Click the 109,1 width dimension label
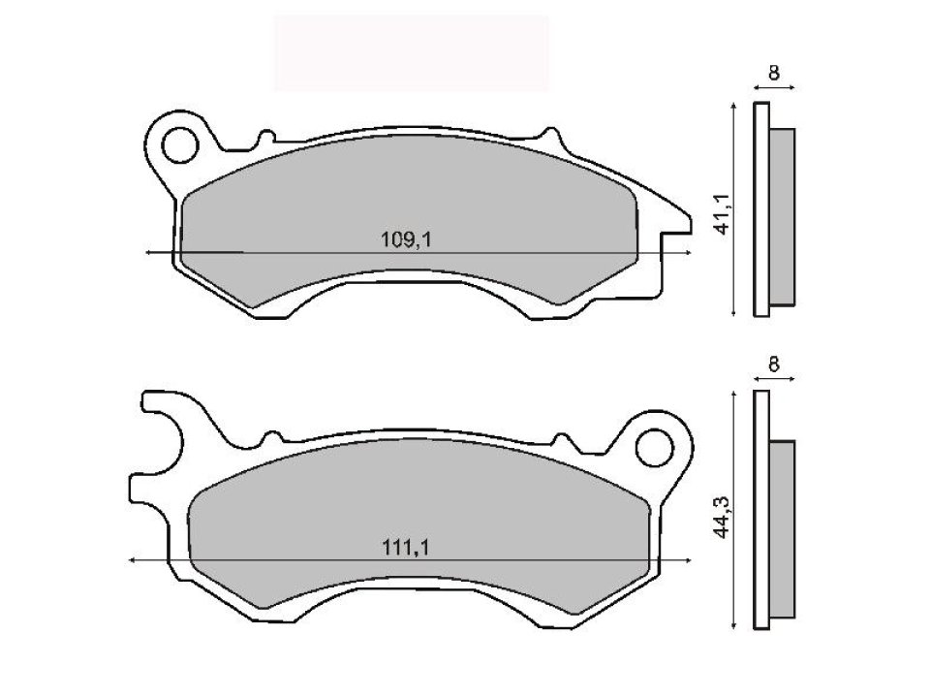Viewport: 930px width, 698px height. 406,239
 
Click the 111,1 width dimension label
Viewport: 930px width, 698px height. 406,548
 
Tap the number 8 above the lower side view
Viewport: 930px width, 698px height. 774,365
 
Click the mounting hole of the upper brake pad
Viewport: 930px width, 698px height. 177,147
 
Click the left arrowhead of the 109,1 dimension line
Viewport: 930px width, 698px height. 148,252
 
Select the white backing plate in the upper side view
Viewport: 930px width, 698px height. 761,208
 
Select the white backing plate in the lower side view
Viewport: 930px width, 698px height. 761,509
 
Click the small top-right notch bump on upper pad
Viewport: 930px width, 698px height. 550,133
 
